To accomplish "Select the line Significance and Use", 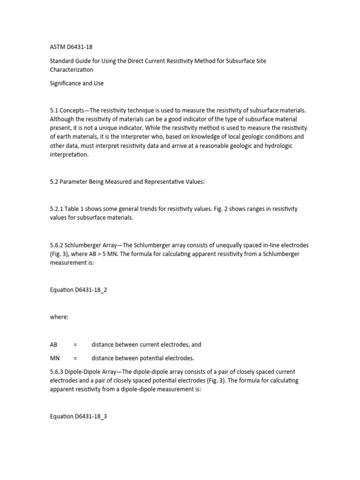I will pyautogui.click(x=77, y=83).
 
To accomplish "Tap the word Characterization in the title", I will pyautogui.click(x=72, y=70).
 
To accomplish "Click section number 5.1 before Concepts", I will pyautogui.click(x=54, y=110).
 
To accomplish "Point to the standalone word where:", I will pyautogui.click(x=60, y=317).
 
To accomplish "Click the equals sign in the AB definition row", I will pyautogui.click(x=75, y=345).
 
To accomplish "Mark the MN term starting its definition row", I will pyautogui.click(x=55, y=359).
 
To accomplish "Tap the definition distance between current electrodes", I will pyautogui.click(x=146, y=345).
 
